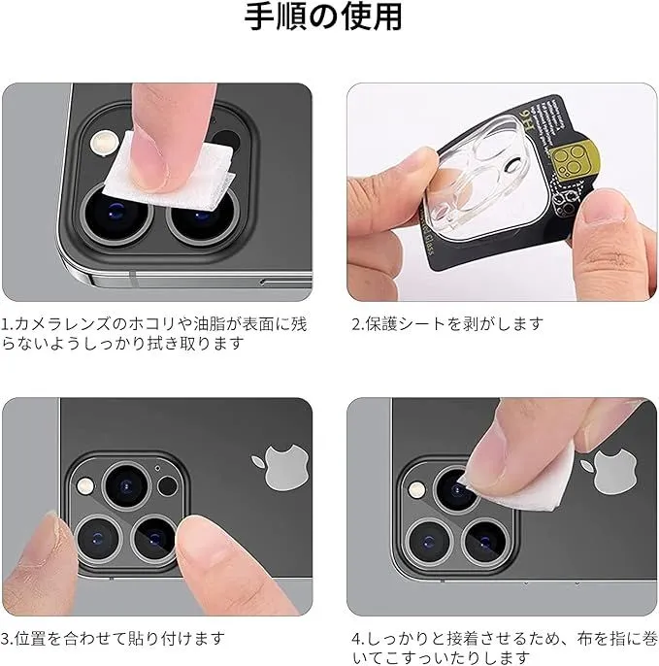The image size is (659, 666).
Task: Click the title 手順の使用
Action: pyautogui.click(x=323, y=17)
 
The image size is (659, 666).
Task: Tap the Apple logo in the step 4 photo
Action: pyautogui.click(x=610, y=472)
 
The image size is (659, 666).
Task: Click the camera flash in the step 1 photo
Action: pyautogui.click(x=104, y=142)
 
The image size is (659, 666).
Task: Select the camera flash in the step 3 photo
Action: pyautogui.click(x=85, y=485)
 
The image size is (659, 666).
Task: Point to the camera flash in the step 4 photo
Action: pyautogui.click(x=417, y=489)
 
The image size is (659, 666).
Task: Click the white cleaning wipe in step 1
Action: pyautogui.click(x=169, y=173)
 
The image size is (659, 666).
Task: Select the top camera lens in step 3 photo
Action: pyautogui.click(x=126, y=485)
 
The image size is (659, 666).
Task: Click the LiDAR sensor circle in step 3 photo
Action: pyautogui.click(x=167, y=486)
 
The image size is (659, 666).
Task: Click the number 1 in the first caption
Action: pyautogui.click(x=5, y=324)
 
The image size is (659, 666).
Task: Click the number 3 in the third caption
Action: pyautogui.click(x=5, y=639)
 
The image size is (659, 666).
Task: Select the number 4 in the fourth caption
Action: pyautogui.click(x=357, y=639)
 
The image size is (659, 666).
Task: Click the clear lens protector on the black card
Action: pyautogui.click(x=479, y=179)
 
